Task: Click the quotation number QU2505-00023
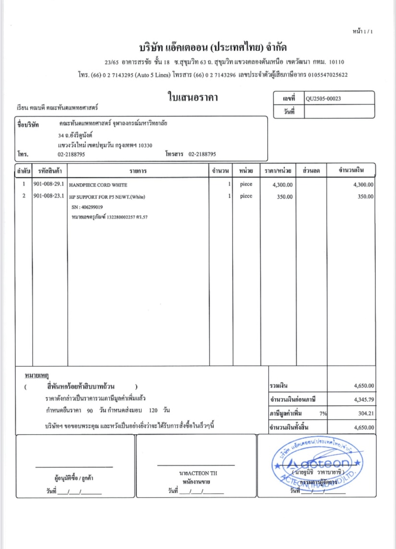323,99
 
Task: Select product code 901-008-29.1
49,184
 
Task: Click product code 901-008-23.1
49,196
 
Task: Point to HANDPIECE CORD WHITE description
99,185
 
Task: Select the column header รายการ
137,171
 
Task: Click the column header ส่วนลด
311,171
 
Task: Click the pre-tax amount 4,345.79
363,399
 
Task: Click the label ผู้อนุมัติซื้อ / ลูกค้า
74,479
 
